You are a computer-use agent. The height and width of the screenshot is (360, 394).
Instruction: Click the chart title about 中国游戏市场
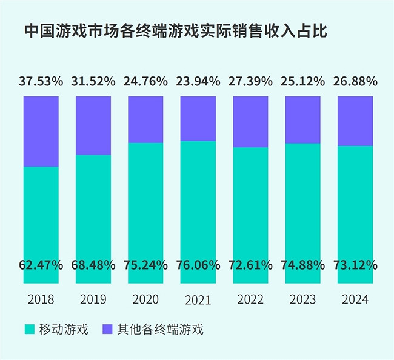pyautogui.click(x=176, y=32)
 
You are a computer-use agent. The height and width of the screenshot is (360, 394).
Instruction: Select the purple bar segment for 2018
pyautogui.click(x=41, y=131)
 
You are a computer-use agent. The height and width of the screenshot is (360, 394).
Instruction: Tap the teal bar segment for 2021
pyautogui.click(x=198, y=200)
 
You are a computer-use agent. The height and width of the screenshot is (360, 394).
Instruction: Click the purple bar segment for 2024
pyautogui.click(x=355, y=121)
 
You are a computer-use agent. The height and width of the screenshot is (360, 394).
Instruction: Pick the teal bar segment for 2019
pyautogui.click(x=93, y=206)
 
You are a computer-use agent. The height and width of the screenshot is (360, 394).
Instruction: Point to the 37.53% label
pyautogui.click(x=41, y=81)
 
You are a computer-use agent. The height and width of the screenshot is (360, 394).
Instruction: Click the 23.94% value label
pyautogui.click(x=198, y=81)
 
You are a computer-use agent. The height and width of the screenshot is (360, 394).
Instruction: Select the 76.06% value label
pyautogui.click(x=198, y=265)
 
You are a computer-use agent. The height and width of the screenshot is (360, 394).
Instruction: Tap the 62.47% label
pyautogui.click(x=41, y=265)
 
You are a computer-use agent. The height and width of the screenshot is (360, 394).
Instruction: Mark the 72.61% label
pyautogui.click(x=250, y=265)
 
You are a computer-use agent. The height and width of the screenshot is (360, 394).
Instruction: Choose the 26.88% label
pyautogui.click(x=355, y=81)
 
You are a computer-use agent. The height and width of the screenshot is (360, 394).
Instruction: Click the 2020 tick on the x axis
pyautogui.click(x=145, y=299)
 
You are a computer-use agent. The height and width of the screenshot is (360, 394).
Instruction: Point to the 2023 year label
pyautogui.click(x=302, y=299)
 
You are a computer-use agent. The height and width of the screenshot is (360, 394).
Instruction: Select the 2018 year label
pyautogui.click(x=41, y=299)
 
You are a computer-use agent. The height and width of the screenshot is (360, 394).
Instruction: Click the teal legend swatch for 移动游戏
pyautogui.click(x=30, y=330)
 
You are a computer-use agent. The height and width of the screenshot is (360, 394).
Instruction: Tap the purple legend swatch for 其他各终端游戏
pyautogui.click(x=107, y=330)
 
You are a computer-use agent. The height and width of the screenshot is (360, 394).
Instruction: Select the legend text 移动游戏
pyautogui.click(x=64, y=330)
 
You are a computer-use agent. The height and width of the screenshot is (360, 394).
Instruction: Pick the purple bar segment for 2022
pyautogui.click(x=250, y=121)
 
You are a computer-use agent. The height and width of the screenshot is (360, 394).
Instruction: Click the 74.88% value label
pyautogui.click(x=302, y=265)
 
